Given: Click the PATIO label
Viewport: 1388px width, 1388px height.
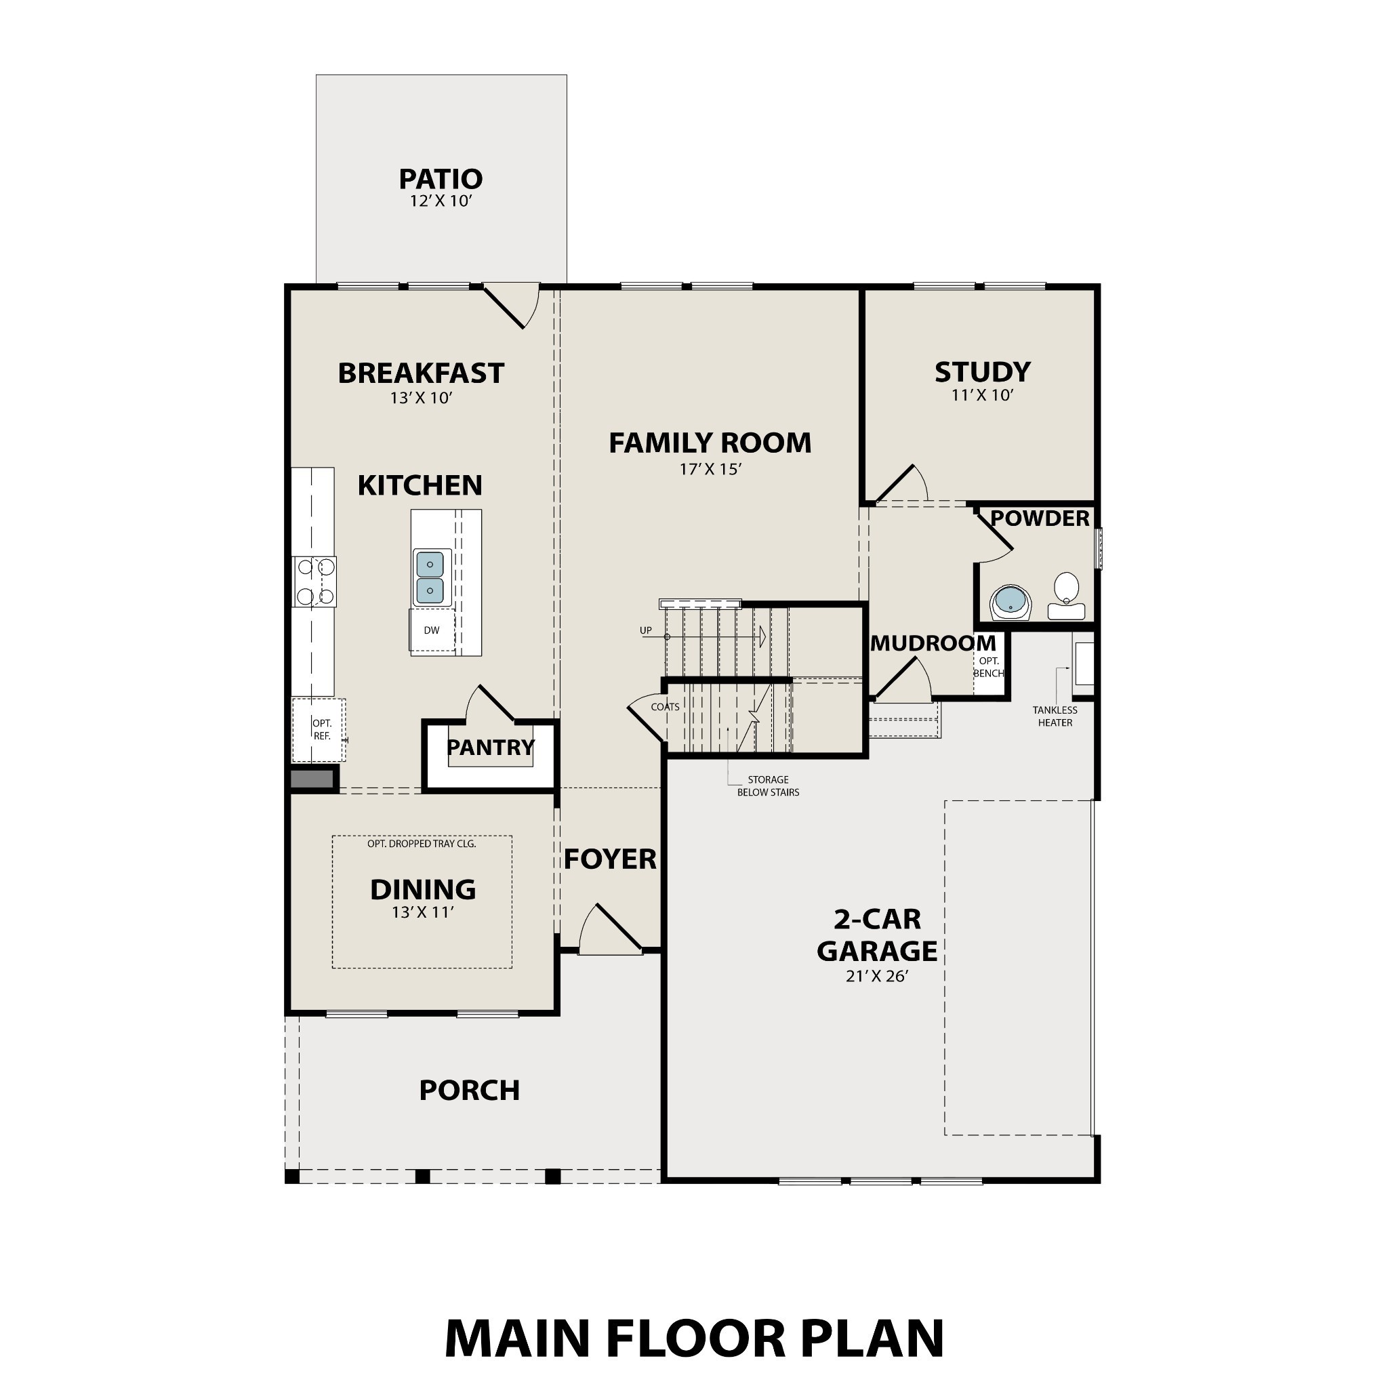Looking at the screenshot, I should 441,179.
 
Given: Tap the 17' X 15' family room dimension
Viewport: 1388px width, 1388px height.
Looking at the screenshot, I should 710,469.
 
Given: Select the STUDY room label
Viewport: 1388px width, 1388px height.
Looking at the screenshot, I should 982,372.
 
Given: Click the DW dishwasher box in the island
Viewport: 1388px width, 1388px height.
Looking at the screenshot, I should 432,631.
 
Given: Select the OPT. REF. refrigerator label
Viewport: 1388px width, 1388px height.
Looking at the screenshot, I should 321,730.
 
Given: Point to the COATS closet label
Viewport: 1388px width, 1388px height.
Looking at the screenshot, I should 665,707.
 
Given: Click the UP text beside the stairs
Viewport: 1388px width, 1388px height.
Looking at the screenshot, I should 646,631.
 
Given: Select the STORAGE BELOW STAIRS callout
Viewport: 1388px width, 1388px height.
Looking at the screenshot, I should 768,786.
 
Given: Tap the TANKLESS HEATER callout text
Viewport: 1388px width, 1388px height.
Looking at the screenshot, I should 1055,716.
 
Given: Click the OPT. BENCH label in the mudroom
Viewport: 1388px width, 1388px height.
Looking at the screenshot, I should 989,667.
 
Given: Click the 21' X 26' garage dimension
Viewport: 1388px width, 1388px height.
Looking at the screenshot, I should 877,977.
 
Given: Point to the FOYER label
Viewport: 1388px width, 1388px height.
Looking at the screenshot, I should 610,859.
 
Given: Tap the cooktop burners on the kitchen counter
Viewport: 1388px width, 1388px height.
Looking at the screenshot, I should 314,581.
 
